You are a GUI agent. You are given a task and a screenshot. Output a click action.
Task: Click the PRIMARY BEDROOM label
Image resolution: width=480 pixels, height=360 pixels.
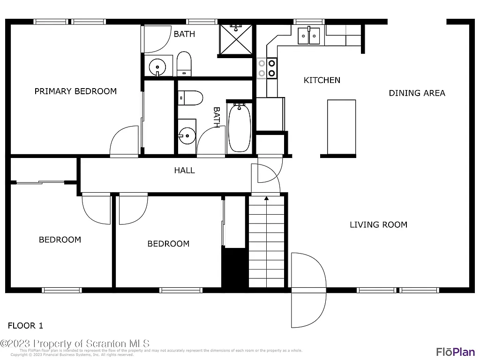(x=75, y=91)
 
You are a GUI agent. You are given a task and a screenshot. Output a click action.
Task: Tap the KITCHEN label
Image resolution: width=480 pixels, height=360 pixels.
(x=322, y=80)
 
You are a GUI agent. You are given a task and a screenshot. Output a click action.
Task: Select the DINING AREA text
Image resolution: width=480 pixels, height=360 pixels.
(x=417, y=93)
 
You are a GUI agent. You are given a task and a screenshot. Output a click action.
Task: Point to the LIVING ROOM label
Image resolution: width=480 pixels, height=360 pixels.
(x=378, y=225)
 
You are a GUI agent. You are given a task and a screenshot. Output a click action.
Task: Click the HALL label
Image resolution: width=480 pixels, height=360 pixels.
(x=184, y=170)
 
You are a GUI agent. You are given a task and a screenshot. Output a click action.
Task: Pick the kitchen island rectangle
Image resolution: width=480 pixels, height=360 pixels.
(x=341, y=127)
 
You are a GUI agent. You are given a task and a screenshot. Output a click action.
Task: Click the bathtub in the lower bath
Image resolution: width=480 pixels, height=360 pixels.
(x=239, y=127)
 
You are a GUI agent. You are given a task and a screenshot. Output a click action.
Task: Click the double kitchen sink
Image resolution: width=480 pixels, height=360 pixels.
(x=309, y=35)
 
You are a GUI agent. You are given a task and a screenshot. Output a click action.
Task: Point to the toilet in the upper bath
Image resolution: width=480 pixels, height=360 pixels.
(x=184, y=64)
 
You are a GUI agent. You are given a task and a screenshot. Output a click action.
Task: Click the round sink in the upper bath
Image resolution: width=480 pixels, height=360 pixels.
(x=157, y=67)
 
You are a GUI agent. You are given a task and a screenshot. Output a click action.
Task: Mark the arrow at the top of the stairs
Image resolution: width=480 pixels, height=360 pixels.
(x=266, y=199)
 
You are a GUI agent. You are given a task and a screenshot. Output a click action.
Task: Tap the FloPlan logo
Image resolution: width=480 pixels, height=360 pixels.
(x=455, y=351)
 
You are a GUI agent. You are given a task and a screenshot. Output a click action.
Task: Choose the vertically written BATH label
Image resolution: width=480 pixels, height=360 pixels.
(x=217, y=117)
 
